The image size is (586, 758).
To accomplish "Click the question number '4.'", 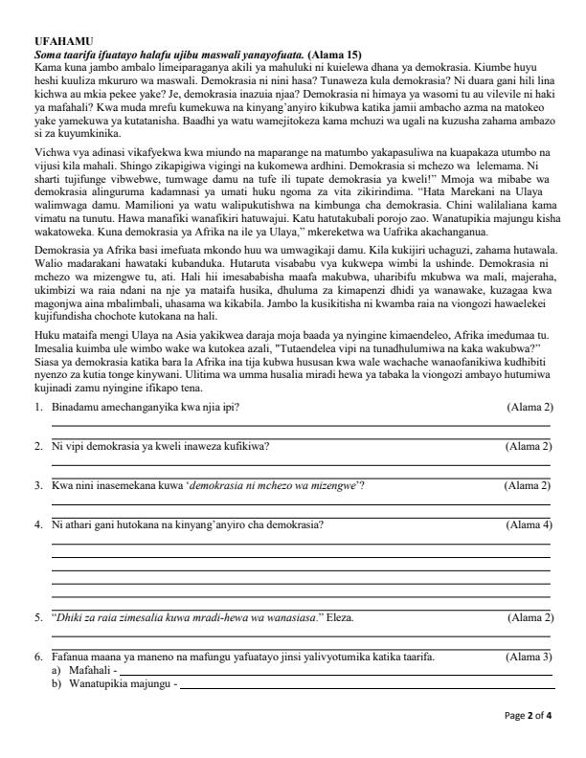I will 37,524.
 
